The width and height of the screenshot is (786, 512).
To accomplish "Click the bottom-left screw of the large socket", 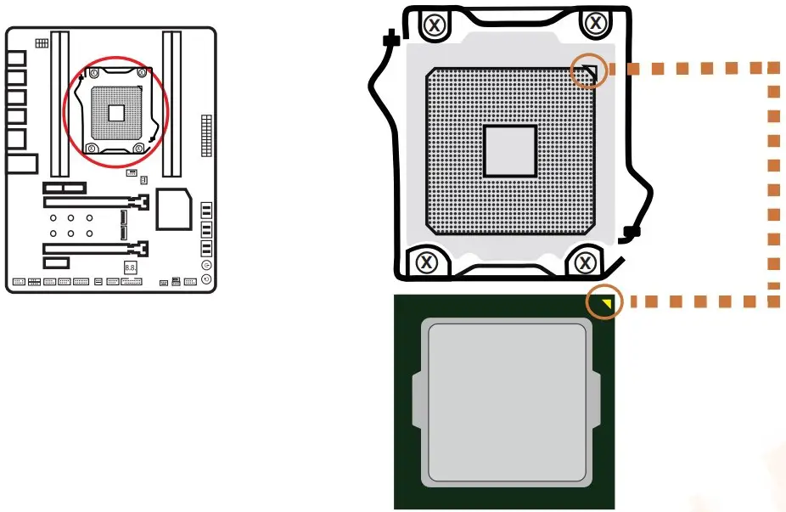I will (x=427, y=261).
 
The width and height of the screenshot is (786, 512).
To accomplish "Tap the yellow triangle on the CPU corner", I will (x=605, y=301).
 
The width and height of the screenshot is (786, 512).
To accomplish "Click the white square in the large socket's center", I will (x=509, y=151).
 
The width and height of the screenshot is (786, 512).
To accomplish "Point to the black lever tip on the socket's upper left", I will (x=391, y=39).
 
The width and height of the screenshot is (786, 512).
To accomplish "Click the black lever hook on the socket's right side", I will (x=629, y=231).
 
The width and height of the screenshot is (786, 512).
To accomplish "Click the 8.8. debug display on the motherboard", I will (x=131, y=267).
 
